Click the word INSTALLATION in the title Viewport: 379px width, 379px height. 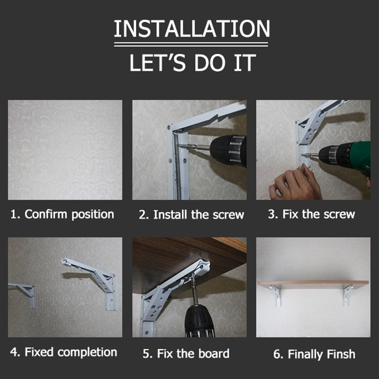(x=192, y=29)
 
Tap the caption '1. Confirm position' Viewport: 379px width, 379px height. (x=62, y=214)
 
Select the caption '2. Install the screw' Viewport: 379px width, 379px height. (x=191, y=215)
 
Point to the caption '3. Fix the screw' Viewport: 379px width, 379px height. (x=311, y=214)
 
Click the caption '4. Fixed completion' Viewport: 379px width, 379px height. (x=63, y=352)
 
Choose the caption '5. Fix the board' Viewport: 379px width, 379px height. (x=186, y=353)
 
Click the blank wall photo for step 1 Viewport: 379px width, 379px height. (x=65, y=150)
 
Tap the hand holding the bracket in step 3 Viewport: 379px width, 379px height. (x=295, y=182)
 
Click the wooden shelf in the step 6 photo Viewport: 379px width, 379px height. (x=313, y=284)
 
